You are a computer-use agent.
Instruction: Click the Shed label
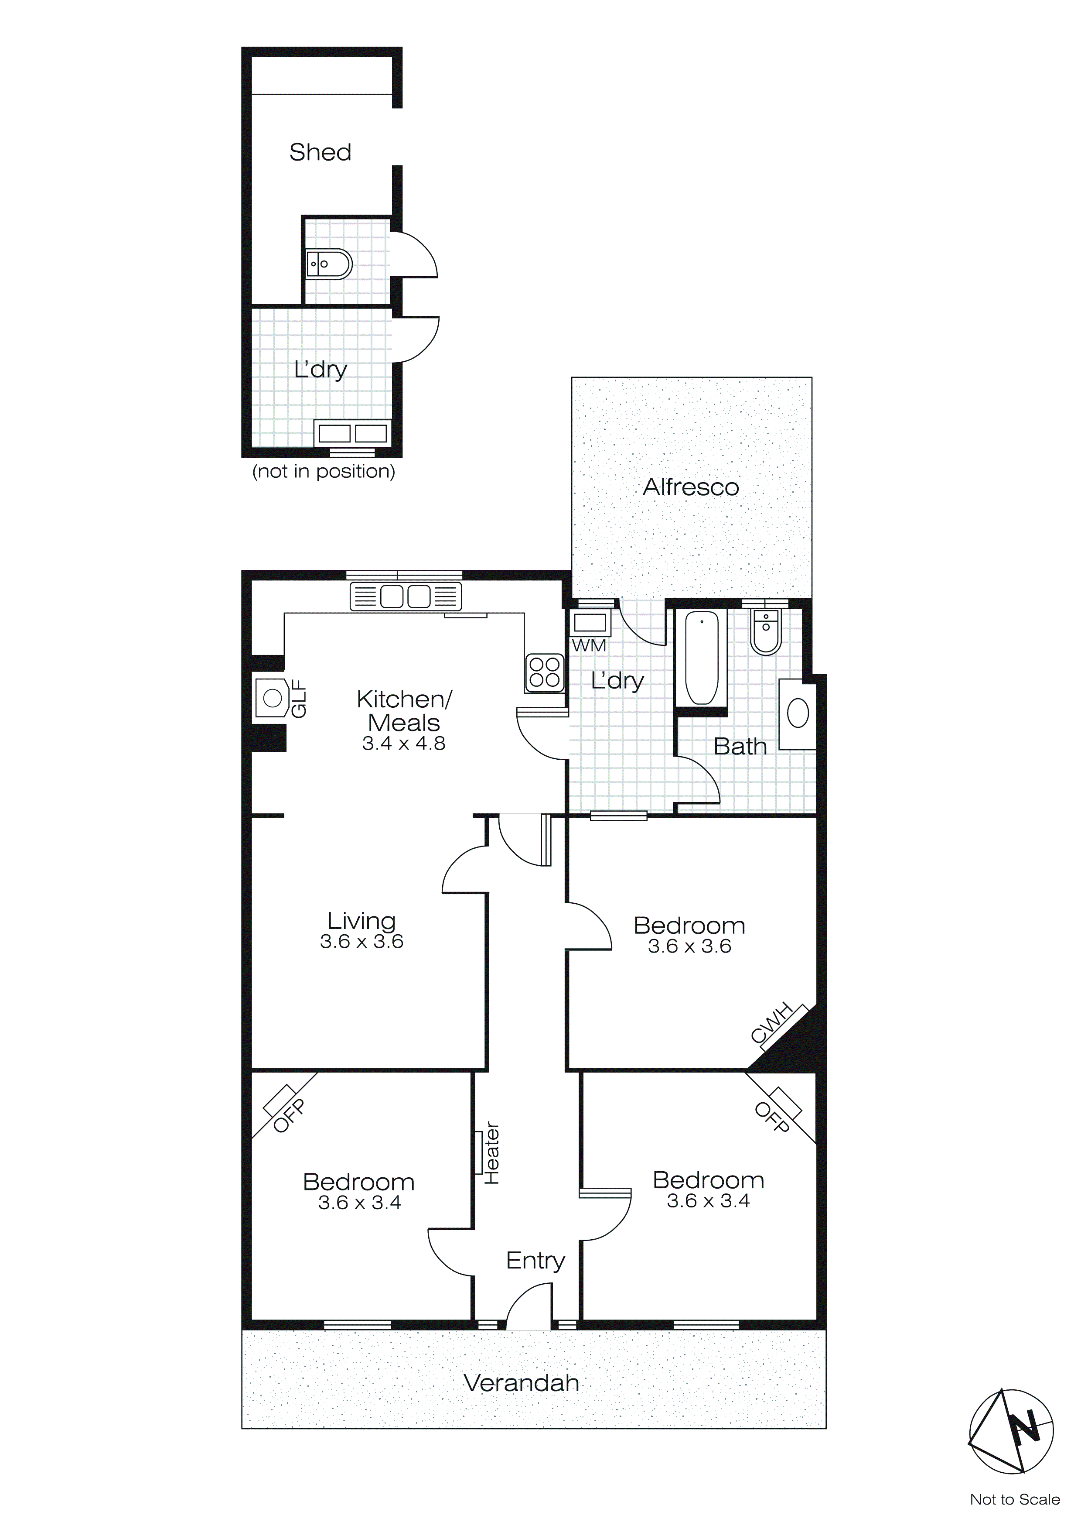tap(320, 152)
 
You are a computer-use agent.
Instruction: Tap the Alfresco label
tap(690, 487)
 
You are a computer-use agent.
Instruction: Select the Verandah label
tap(521, 1383)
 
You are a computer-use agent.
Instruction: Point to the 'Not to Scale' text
tap(1014, 1499)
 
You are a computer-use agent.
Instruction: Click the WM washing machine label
tap(588, 645)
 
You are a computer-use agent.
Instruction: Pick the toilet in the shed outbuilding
tap(328, 264)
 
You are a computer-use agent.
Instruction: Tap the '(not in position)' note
tap(324, 472)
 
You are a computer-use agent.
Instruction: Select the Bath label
tap(740, 747)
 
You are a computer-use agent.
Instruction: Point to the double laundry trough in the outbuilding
tap(352, 434)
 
